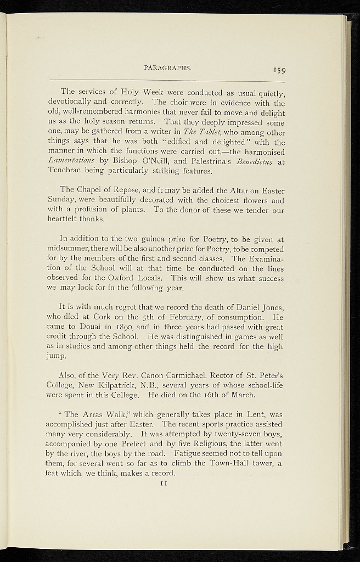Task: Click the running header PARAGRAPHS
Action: pos(167,68)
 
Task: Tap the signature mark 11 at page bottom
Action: pos(163,484)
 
